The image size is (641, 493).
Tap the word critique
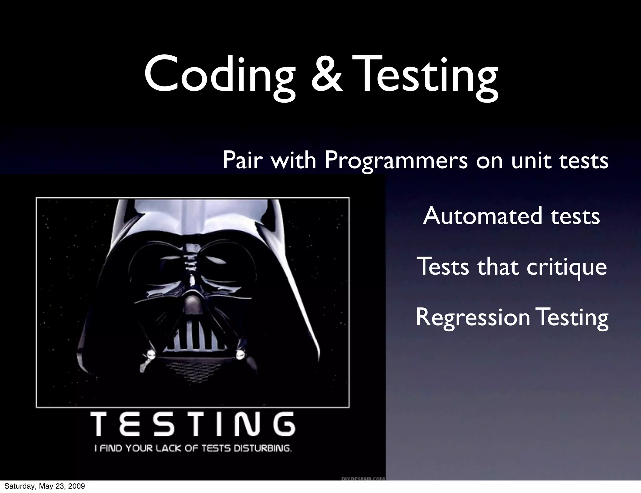[x=567, y=267]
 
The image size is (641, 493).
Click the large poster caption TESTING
[x=193, y=424]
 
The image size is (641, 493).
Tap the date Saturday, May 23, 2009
[x=44, y=486]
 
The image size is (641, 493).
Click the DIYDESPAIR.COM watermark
[x=362, y=478]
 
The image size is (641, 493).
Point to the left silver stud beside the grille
[x=152, y=354]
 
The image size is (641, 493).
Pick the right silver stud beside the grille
[x=240, y=354]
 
